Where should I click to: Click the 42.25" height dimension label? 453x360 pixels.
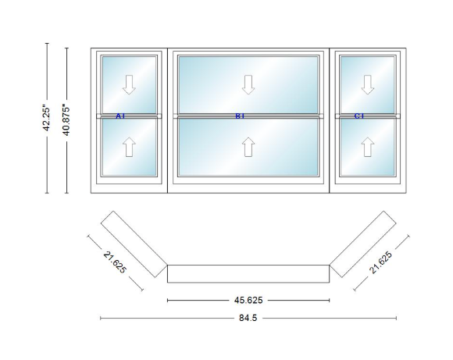[x=47, y=119]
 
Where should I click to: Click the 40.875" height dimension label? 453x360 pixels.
[x=66, y=121]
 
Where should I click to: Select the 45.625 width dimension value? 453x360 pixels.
[x=248, y=301]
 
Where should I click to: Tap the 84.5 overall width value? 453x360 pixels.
[x=248, y=318]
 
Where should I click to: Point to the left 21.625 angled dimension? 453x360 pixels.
[x=115, y=262]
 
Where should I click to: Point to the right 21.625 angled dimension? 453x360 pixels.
[x=381, y=262]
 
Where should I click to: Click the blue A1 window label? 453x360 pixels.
[x=120, y=116]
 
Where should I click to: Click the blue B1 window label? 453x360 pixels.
[x=240, y=116]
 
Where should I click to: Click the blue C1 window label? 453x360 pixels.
[x=359, y=116]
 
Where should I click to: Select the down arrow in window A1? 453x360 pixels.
[x=129, y=84]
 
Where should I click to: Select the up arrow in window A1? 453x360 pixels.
[x=129, y=147]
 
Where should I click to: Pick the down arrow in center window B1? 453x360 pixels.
[x=248, y=84]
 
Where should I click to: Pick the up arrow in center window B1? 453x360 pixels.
[x=248, y=147]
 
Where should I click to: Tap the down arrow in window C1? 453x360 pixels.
[x=368, y=84]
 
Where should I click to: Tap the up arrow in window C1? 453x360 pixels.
[x=368, y=147]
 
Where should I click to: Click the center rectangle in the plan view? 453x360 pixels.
[x=248, y=273]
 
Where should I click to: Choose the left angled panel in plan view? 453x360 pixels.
[x=134, y=244]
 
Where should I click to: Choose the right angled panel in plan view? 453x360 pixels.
[x=363, y=244]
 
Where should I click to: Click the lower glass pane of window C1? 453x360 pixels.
[x=368, y=147]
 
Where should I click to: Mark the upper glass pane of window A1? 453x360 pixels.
[x=129, y=84]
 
